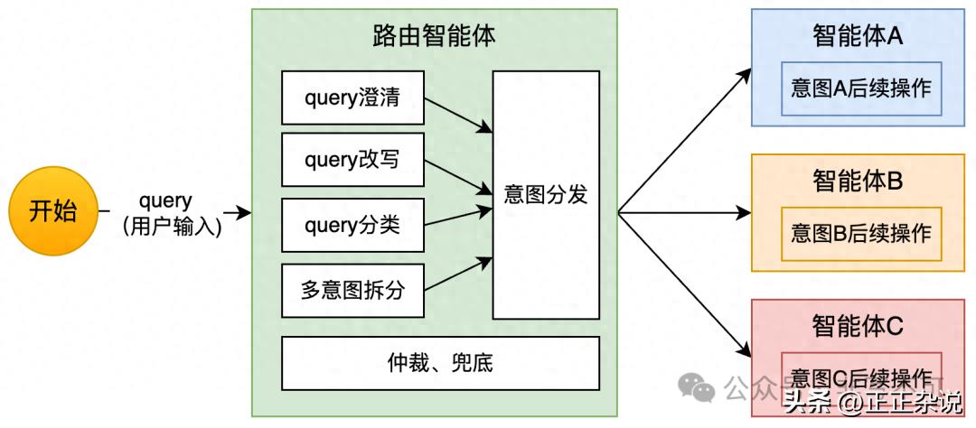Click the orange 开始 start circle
53,212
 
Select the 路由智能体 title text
434,36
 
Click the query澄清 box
352,98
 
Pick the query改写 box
352,161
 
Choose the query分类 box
352,225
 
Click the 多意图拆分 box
352,291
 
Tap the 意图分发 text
545,194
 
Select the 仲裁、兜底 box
440,364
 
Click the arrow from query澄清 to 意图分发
458,115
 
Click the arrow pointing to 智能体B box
687,213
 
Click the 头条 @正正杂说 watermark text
872,402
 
